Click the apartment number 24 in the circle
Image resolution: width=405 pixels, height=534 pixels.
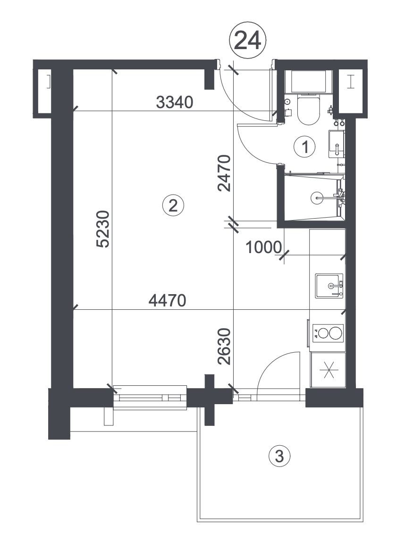pyautogui.click(x=247, y=41)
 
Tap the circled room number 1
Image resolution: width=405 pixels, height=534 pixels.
pyautogui.click(x=305, y=147)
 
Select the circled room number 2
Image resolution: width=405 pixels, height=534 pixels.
pyautogui.click(x=173, y=205)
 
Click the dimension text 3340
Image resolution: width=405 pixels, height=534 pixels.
pyautogui.click(x=175, y=102)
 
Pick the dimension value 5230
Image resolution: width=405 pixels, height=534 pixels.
pyautogui.click(x=103, y=229)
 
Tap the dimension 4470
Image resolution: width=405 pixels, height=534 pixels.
pyautogui.click(x=168, y=300)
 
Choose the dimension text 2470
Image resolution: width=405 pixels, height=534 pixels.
pyautogui.click(x=224, y=173)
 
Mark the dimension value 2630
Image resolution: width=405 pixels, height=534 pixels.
pyautogui.click(x=224, y=347)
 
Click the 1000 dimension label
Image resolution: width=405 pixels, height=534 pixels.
pyautogui.click(x=263, y=247)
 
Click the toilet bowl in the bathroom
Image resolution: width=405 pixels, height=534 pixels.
pyautogui.click(x=308, y=110)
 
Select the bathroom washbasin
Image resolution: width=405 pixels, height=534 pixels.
pyautogui.click(x=336, y=144)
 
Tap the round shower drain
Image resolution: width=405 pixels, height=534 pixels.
pyautogui.click(x=317, y=197)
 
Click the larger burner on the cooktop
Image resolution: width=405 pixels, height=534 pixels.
pyautogui.click(x=335, y=333)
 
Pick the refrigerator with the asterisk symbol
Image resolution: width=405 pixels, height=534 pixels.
pyautogui.click(x=328, y=370)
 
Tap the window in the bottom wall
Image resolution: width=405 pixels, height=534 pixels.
pyautogui.click(x=150, y=397)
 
